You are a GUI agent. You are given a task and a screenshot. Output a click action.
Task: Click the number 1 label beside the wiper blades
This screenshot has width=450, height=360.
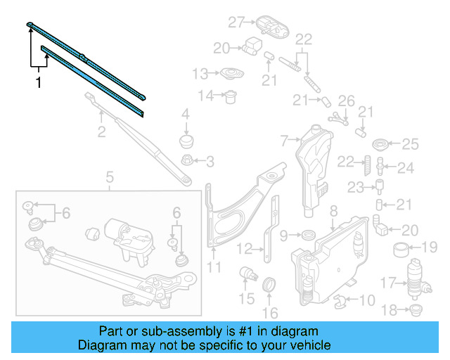39,83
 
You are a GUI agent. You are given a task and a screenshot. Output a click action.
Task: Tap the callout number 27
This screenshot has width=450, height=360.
235,22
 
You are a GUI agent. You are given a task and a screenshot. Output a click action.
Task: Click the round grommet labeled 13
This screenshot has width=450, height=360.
230,74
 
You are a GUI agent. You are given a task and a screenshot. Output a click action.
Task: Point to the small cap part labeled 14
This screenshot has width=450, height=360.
229,96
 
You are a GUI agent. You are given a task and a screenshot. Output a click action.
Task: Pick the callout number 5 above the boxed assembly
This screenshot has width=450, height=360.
110,178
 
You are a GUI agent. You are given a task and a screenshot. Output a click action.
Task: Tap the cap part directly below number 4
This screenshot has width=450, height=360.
186,141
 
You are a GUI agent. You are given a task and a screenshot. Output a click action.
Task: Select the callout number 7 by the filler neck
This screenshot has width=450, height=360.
284,141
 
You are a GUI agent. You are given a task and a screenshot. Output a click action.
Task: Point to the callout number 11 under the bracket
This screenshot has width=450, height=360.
214,267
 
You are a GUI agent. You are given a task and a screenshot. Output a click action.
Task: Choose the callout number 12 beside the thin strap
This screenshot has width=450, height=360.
243,248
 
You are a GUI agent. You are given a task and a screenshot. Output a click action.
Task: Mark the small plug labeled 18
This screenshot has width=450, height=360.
415,309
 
